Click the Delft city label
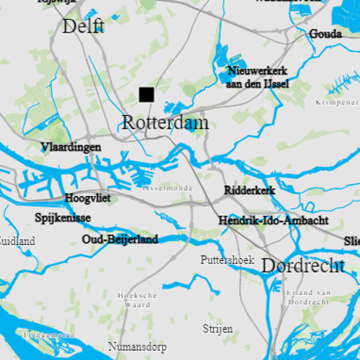[x=83, y=26]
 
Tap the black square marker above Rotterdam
[x=147, y=94]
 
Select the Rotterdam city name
[x=165, y=123]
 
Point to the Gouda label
[x=325, y=34]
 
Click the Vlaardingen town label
[x=71, y=147]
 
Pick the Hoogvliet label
[x=88, y=198]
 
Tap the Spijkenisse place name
[x=63, y=218]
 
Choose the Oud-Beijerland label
[x=120, y=239]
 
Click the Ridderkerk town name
[x=250, y=190]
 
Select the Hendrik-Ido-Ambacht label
[x=273, y=220]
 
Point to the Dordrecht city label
[x=303, y=266]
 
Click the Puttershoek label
[x=227, y=260]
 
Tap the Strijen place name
[x=218, y=329]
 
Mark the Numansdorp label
[x=137, y=347]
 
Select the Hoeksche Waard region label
[x=137, y=300]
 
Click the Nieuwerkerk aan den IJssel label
[x=257, y=77]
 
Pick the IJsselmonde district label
[x=167, y=188]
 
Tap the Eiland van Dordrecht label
[x=308, y=297]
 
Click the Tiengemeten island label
[x=49, y=335]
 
